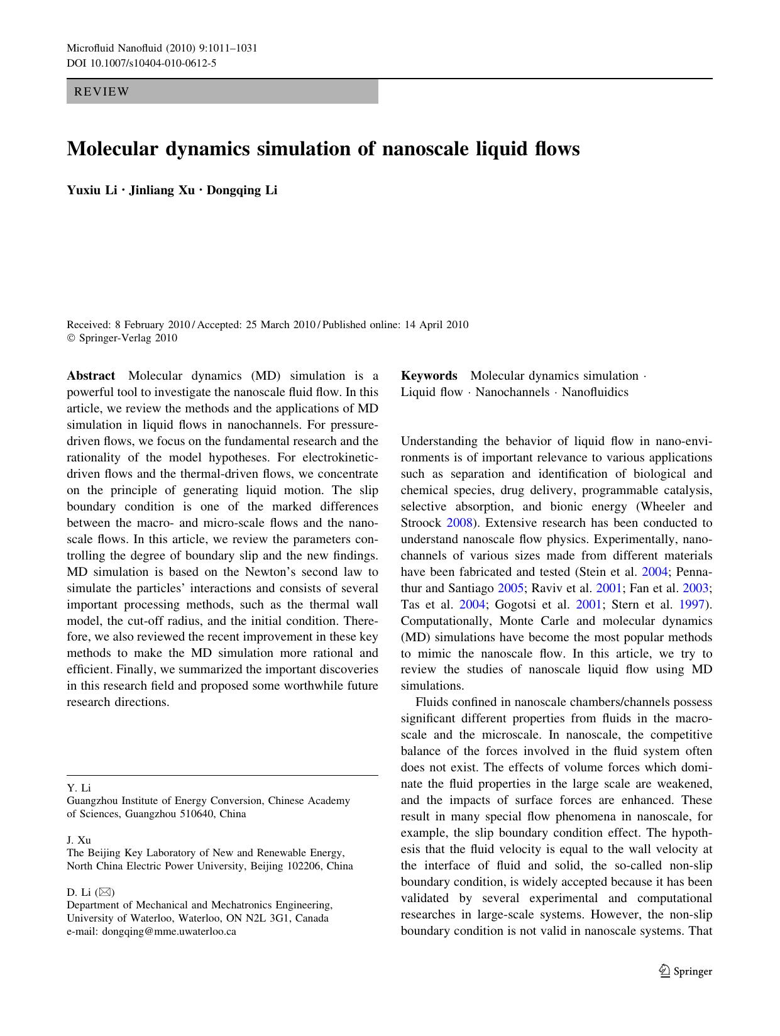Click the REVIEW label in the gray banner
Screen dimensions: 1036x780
click(102, 92)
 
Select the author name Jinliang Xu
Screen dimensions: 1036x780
click(162, 190)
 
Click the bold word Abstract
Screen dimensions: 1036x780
click(91, 376)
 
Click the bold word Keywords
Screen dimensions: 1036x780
click(429, 376)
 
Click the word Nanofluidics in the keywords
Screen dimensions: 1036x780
click(595, 392)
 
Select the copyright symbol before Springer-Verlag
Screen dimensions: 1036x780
click(71, 338)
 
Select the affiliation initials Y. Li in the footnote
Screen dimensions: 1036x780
click(79, 788)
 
